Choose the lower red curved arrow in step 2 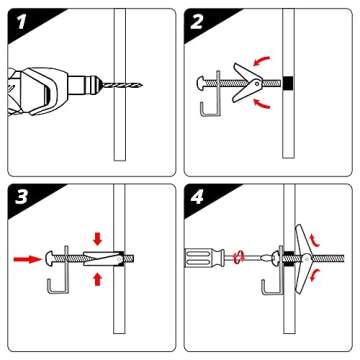click(262, 102)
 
